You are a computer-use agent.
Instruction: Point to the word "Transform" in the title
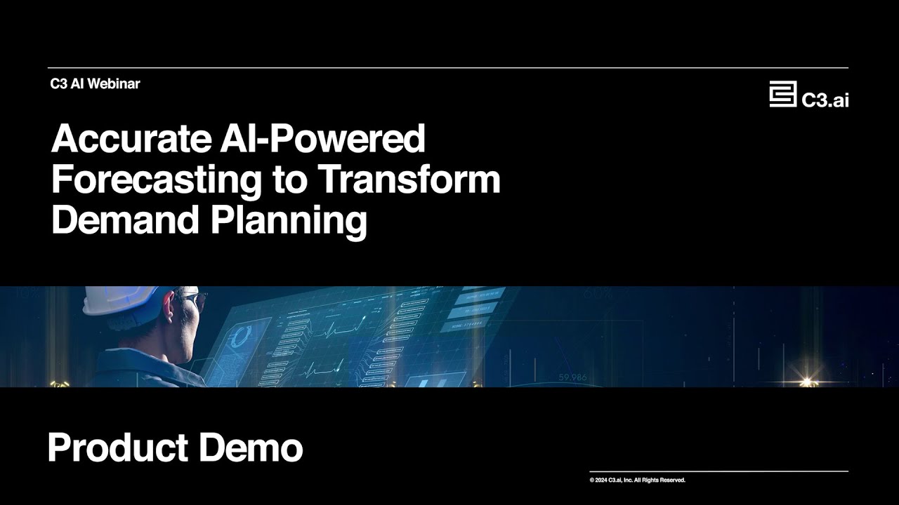409,180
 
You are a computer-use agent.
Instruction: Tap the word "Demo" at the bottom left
251,447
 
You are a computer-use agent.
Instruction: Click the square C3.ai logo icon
782,94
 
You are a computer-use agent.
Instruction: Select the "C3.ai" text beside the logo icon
825,100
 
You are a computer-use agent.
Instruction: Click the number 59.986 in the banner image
572,377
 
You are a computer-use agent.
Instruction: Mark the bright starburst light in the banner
807,382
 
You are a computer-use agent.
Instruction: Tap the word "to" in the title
289,180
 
